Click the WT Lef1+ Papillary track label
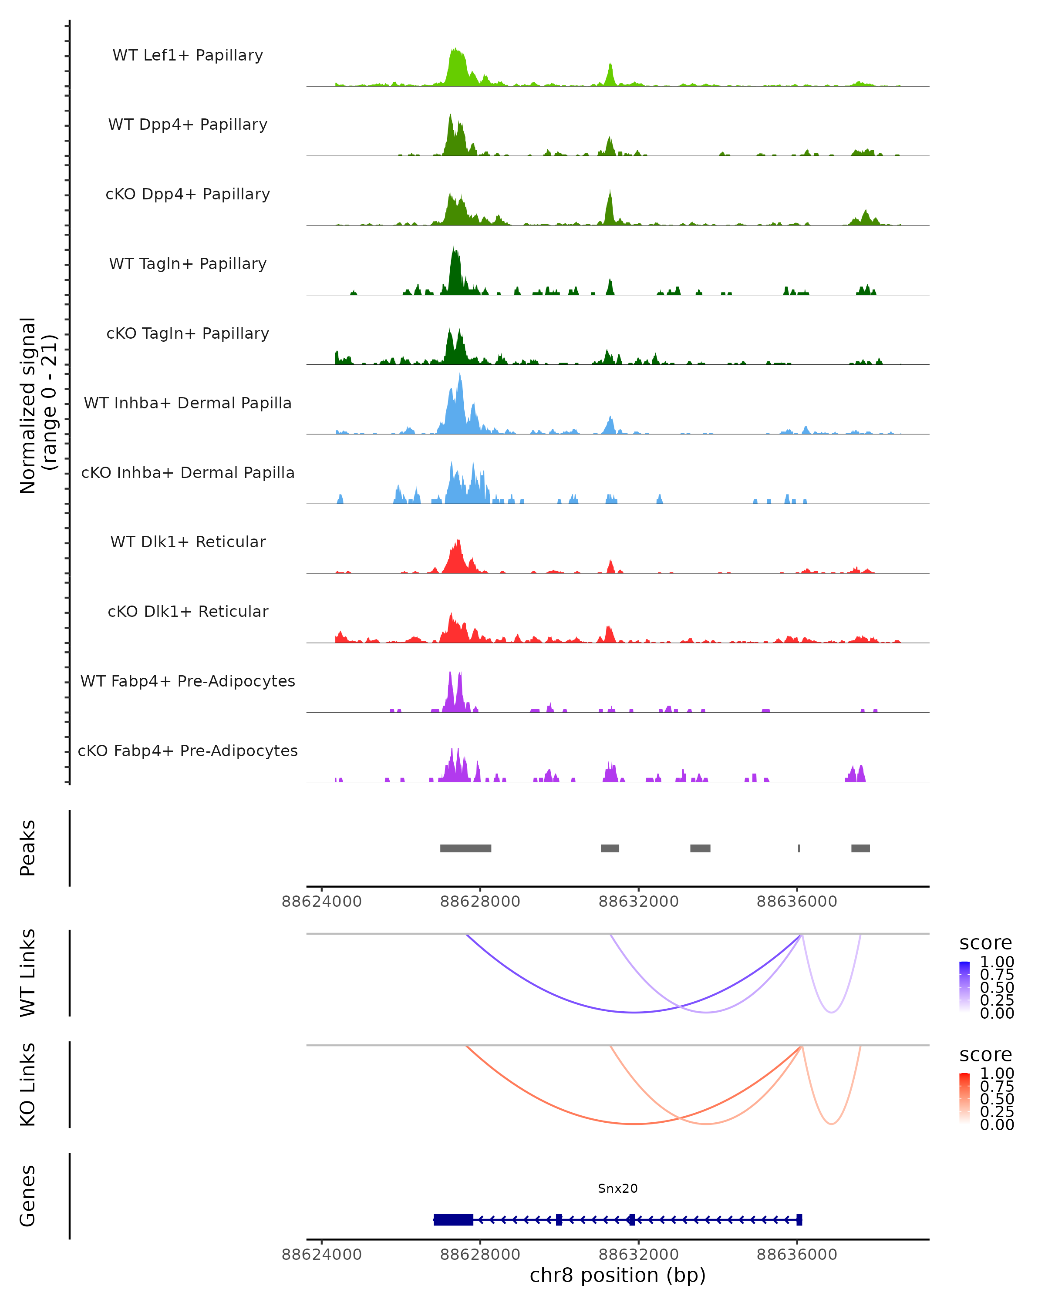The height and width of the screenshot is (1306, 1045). pyautogui.click(x=188, y=55)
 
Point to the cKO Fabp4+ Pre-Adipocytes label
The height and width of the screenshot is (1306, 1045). pyautogui.click(x=188, y=751)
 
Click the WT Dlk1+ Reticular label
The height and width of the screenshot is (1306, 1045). pyautogui.click(x=188, y=542)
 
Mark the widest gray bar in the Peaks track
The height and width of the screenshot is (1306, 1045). pyautogui.click(x=465, y=848)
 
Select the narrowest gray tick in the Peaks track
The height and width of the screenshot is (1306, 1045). pyautogui.click(x=799, y=848)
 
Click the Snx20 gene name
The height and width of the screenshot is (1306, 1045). pyautogui.click(x=617, y=1188)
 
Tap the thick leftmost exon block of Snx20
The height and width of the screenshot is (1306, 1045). pyautogui.click(x=453, y=1219)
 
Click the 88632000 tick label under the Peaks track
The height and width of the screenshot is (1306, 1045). pyautogui.click(x=638, y=902)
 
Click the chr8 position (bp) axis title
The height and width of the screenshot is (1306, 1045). pyautogui.click(x=617, y=1275)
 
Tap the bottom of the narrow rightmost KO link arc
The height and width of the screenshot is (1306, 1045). pyautogui.click(x=832, y=1124)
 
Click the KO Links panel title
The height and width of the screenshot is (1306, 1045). pyautogui.click(x=28, y=1084)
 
